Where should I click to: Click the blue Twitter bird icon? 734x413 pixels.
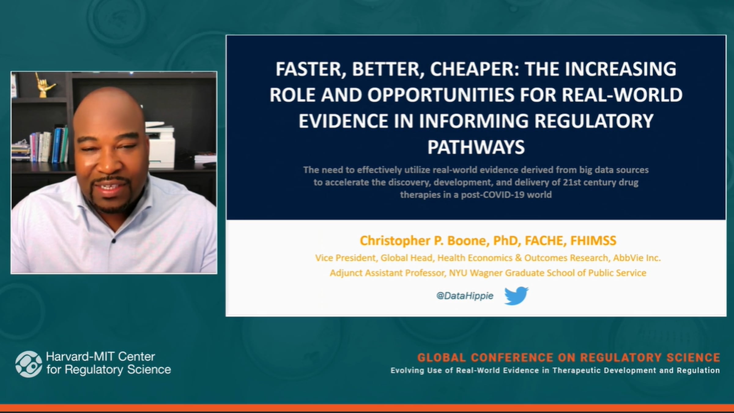pos(516,295)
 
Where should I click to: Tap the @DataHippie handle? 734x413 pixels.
pos(465,296)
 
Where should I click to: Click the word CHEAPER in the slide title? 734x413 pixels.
pos(471,69)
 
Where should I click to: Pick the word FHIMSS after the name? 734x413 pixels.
pos(593,241)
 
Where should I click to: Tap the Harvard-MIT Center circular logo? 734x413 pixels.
pos(29,364)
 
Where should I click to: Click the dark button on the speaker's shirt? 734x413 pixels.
pos(113,241)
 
